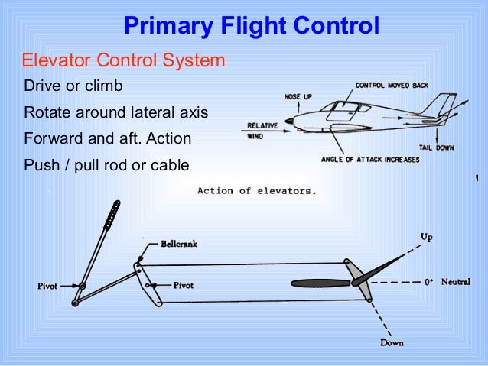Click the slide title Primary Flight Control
[251, 27]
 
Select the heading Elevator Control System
[123, 60]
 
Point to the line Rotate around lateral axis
[116, 112]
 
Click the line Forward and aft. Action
[108, 140]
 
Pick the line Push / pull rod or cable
[106, 166]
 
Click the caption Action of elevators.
[255, 191]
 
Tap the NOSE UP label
[298, 98]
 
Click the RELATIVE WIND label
[261, 131]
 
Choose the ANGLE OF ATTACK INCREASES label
[372, 160]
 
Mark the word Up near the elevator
[426, 237]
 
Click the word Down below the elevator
[392, 343]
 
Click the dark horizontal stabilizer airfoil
[319, 283]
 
